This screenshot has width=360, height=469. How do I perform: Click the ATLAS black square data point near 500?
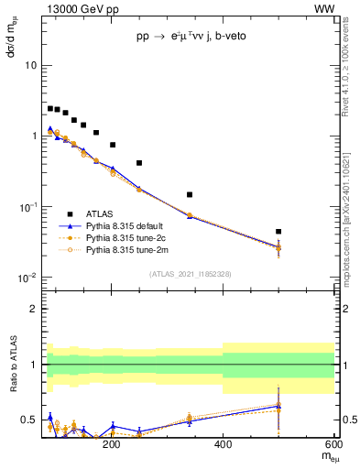278,232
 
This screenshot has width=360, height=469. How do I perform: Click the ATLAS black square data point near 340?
190,194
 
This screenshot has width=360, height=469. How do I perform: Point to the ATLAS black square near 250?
139,163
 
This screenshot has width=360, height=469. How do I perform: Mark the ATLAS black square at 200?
113,145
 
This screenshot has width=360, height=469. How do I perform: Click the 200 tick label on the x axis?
112,445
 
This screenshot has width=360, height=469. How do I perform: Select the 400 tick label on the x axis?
223,445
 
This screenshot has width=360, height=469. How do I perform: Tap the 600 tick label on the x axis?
333,445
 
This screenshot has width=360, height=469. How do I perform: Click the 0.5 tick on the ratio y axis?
29,420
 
